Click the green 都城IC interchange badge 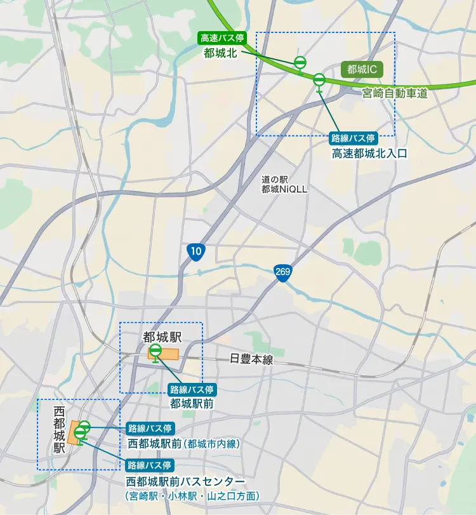coord(362,69)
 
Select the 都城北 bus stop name coord(220,53)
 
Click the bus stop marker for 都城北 coord(300,62)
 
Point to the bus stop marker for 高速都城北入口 coord(319,80)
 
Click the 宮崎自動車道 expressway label coord(395,93)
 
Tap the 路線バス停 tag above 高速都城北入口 coord(354,138)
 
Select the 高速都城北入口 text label coord(369,153)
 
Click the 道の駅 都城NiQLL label coord(284,185)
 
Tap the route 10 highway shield coord(196,252)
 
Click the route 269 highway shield coord(283,272)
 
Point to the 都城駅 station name coord(162,336)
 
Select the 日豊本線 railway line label coord(251,359)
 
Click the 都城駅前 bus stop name coord(191,403)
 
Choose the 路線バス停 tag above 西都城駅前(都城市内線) coord(150,427)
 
